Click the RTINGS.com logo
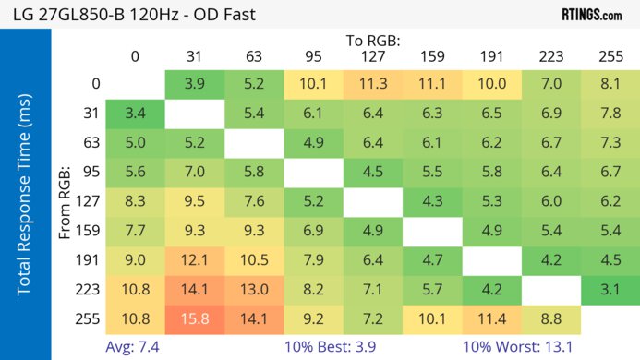point(591,15)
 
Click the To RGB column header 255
point(610,56)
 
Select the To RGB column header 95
point(313,56)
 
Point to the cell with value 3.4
point(135,114)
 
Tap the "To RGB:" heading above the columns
point(373,41)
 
